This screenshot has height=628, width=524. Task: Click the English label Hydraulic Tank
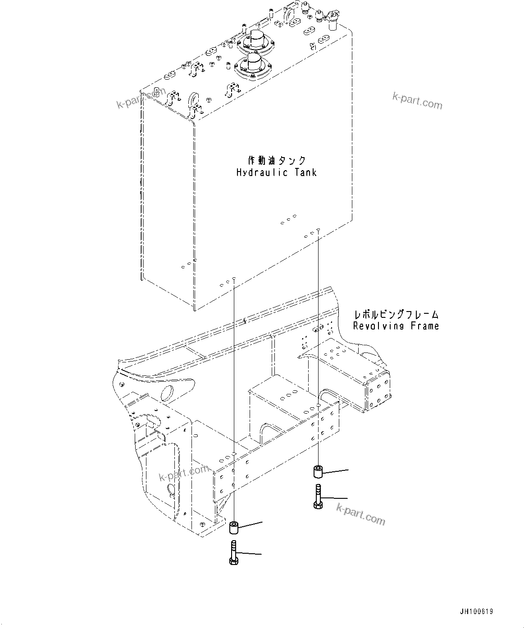tap(277, 172)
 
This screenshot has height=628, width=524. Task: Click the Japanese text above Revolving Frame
tap(396, 315)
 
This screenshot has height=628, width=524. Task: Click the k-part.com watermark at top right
tap(417, 101)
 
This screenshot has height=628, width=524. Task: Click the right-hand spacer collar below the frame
tap(318, 472)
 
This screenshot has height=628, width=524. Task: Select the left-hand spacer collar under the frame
tap(234, 527)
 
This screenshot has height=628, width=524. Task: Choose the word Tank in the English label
tap(306, 172)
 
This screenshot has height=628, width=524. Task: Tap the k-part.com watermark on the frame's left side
tap(183, 474)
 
